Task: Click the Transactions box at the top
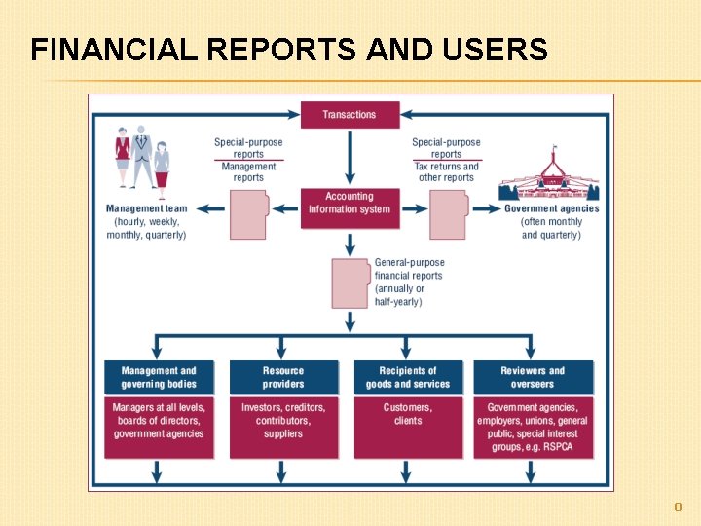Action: [349, 115]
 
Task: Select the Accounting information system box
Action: [350, 204]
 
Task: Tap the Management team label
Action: [147, 208]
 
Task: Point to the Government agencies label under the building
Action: [552, 208]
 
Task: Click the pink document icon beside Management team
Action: [248, 214]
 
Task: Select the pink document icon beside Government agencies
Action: [448, 214]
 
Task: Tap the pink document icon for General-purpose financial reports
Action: [350, 282]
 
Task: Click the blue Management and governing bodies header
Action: [159, 377]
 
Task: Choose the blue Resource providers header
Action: [283, 377]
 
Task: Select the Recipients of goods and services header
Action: [408, 377]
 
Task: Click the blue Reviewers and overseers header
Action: [533, 377]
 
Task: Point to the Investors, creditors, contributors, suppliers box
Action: [283, 426]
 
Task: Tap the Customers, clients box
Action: [408, 426]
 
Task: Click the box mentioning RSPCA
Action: [533, 426]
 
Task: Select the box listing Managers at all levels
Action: [159, 426]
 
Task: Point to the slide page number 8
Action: [678, 507]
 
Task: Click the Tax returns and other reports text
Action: [447, 172]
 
